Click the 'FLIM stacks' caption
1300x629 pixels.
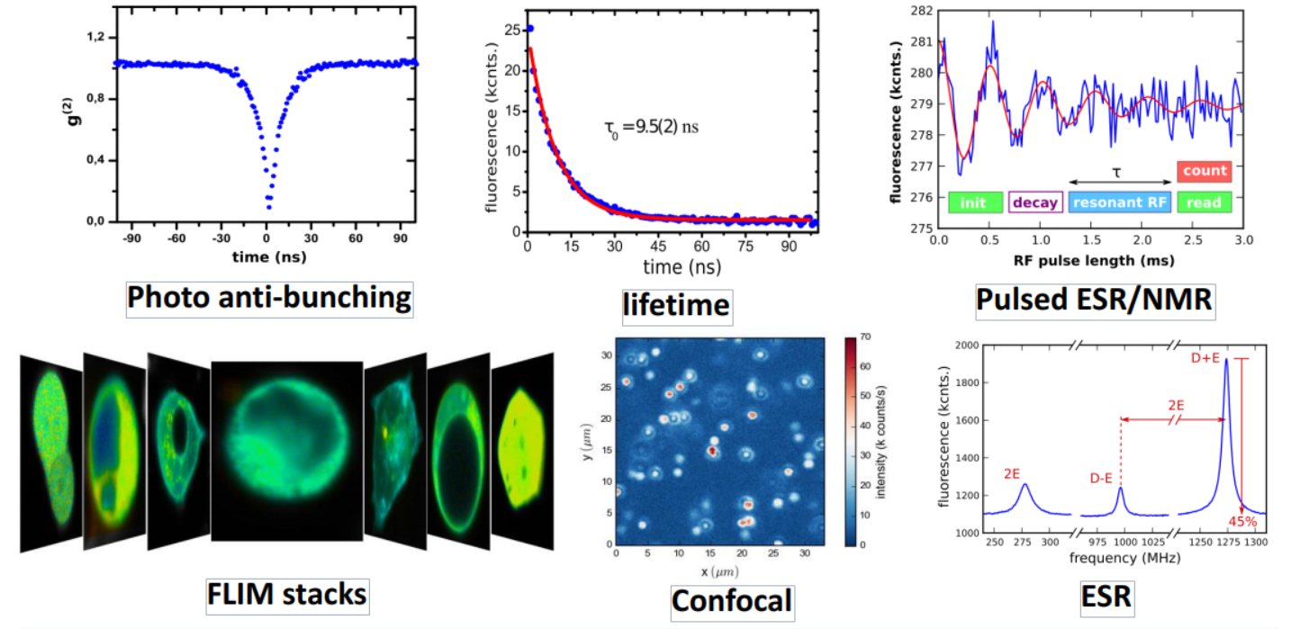point(286,594)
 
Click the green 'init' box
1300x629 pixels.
point(975,202)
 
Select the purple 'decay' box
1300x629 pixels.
point(1035,202)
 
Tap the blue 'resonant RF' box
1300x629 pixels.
point(1120,202)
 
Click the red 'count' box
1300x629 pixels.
point(1205,171)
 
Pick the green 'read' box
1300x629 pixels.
point(1205,202)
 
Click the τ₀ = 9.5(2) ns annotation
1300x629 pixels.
point(651,127)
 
